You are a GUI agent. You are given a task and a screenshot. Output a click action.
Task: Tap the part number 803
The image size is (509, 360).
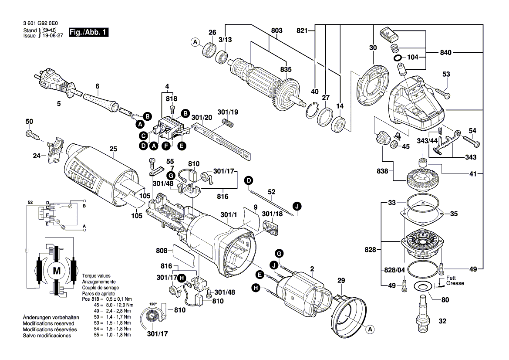click(276, 31)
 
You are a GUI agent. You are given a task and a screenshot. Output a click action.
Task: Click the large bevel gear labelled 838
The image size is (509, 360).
click(422, 179)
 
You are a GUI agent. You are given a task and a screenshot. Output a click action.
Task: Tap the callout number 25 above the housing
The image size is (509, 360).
click(113, 149)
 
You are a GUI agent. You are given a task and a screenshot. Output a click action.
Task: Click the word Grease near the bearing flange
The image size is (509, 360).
click(455, 283)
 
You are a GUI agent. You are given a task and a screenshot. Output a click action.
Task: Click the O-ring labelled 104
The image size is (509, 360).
click(398, 58)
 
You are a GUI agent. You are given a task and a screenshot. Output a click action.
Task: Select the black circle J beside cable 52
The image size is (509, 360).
click(297, 207)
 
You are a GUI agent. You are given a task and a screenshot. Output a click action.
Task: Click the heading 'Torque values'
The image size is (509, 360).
click(96, 276)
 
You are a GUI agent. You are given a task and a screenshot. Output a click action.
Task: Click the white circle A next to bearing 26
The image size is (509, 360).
click(196, 42)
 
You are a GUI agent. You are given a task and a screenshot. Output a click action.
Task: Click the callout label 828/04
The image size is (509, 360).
click(394, 270)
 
